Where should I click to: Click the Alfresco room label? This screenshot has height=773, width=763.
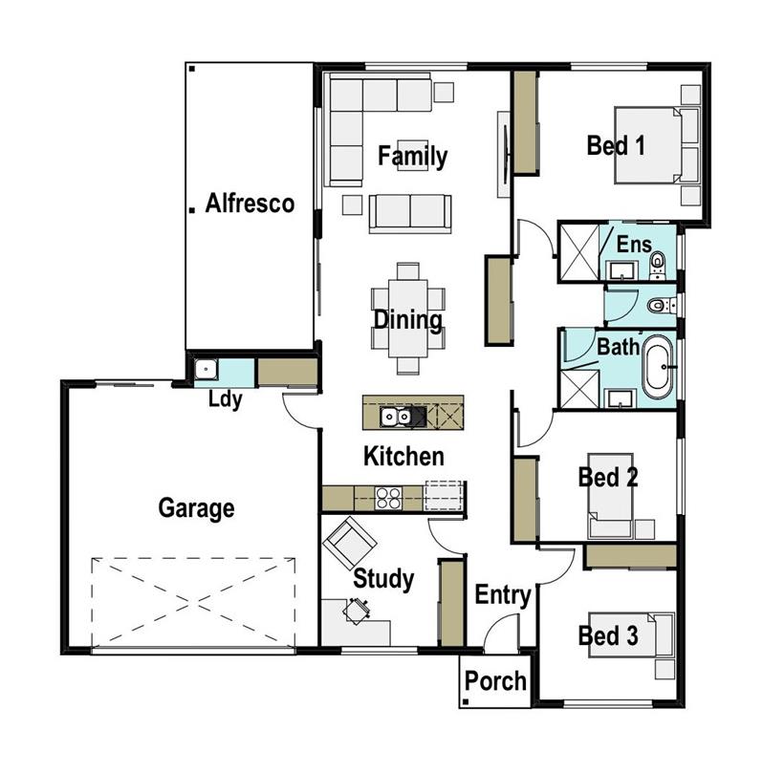250,204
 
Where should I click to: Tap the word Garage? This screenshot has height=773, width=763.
196,507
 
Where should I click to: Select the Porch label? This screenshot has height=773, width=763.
495,681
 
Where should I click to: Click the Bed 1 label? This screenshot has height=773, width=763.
616,146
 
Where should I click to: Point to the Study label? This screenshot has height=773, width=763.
383,578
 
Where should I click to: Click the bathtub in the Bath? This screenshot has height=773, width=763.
658,368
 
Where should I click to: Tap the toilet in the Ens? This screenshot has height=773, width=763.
658,262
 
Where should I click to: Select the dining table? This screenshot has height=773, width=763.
408,319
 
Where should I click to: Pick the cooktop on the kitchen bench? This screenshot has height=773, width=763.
387,497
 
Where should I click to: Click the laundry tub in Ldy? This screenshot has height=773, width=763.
206,370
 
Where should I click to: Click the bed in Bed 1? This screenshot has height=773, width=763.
647,145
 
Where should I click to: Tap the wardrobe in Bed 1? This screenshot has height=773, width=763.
525,122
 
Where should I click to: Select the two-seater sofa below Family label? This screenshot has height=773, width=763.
409,211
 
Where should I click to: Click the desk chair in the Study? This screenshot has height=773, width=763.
358,609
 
